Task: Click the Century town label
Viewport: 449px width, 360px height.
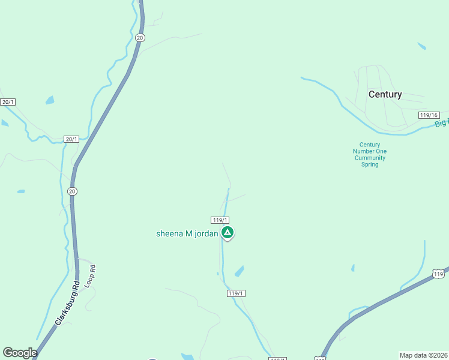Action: click(x=385, y=94)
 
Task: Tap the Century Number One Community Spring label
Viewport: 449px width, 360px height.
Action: click(x=370, y=154)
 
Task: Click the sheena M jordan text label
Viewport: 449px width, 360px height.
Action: click(x=187, y=233)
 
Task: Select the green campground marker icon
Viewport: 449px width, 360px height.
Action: click(x=228, y=232)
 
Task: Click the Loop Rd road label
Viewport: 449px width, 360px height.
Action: click(x=90, y=275)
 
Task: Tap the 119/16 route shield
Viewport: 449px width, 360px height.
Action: click(x=429, y=115)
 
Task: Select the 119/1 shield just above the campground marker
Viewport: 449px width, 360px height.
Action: click(x=220, y=220)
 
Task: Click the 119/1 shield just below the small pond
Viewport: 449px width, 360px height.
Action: click(x=237, y=293)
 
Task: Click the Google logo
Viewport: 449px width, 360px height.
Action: click(x=19, y=353)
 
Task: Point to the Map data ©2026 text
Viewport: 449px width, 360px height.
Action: click(x=423, y=355)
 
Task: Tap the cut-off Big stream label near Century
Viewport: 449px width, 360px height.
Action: click(x=442, y=124)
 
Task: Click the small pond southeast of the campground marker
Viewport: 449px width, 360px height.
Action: click(x=240, y=271)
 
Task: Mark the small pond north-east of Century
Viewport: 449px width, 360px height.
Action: click(x=422, y=46)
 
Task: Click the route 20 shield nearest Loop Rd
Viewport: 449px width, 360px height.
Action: click(x=72, y=191)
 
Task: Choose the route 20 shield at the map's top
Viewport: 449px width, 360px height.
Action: click(x=140, y=37)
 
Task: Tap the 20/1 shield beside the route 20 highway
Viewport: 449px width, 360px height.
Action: click(x=71, y=139)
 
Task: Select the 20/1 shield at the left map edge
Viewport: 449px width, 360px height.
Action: click(x=7, y=102)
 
